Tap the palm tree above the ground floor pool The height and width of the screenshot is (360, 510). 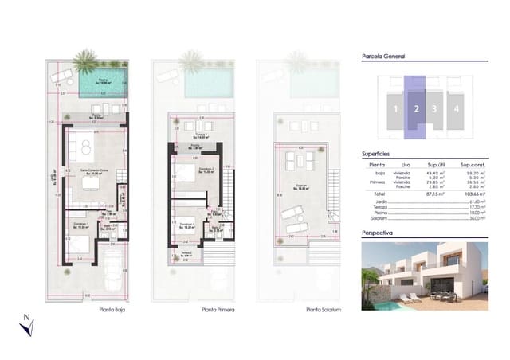click(x=85, y=59)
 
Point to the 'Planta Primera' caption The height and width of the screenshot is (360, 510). click(x=196, y=311)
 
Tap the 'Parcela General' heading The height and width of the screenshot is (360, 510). click(x=383, y=57)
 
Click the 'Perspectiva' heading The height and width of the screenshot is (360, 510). click(x=379, y=234)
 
